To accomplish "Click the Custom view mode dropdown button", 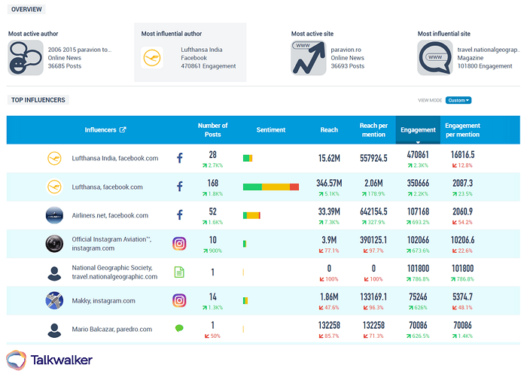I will tap(458, 100).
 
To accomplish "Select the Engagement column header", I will tap(418, 129).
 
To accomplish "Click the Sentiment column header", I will tap(270, 129).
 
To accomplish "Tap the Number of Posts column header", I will tap(212, 129).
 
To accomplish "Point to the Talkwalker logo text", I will tap(61, 360).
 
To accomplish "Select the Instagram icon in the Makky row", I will tap(179, 300).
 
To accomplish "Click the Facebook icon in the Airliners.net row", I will tap(179, 214).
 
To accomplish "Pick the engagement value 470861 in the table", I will tap(418, 154).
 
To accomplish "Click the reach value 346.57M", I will tap(328, 183).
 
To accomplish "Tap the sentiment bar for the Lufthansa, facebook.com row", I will tap(270, 187).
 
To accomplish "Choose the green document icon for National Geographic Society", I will tap(179, 272).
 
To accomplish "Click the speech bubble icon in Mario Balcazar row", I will tap(179, 329).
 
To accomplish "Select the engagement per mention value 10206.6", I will tap(461, 240).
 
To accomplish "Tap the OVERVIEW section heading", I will tap(26, 10).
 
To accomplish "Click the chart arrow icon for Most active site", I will tap(307, 58).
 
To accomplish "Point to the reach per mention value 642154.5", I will tap(373, 211).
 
